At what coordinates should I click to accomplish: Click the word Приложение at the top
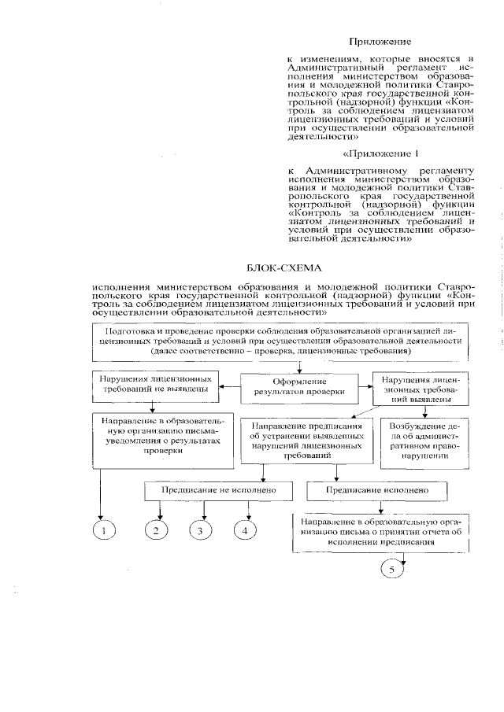(x=380, y=41)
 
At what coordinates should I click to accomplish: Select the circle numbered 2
(x=157, y=531)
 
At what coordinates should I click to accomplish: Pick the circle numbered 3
(x=200, y=531)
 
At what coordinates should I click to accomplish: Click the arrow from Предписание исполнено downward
(x=382, y=507)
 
